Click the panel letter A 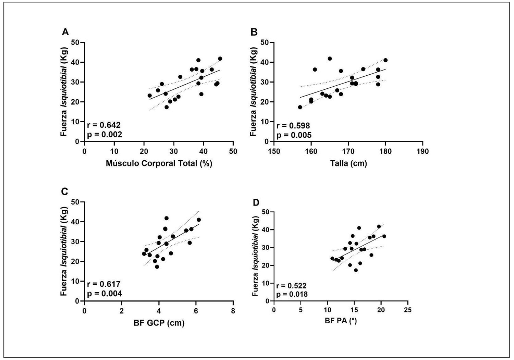(65, 32)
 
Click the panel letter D (256, 203)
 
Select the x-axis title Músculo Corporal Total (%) (159, 163)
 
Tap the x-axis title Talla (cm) (348, 163)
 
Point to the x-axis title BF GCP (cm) (159, 323)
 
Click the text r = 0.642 (104, 125)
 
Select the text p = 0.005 (294, 135)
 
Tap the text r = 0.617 (104, 284)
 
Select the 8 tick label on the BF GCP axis (233, 311)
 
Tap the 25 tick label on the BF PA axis (407, 310)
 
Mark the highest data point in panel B (330, 59)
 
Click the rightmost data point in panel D (384, 236)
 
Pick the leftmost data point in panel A (149, 96)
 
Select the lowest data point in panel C (157, 266)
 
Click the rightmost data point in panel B (385, 60)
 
